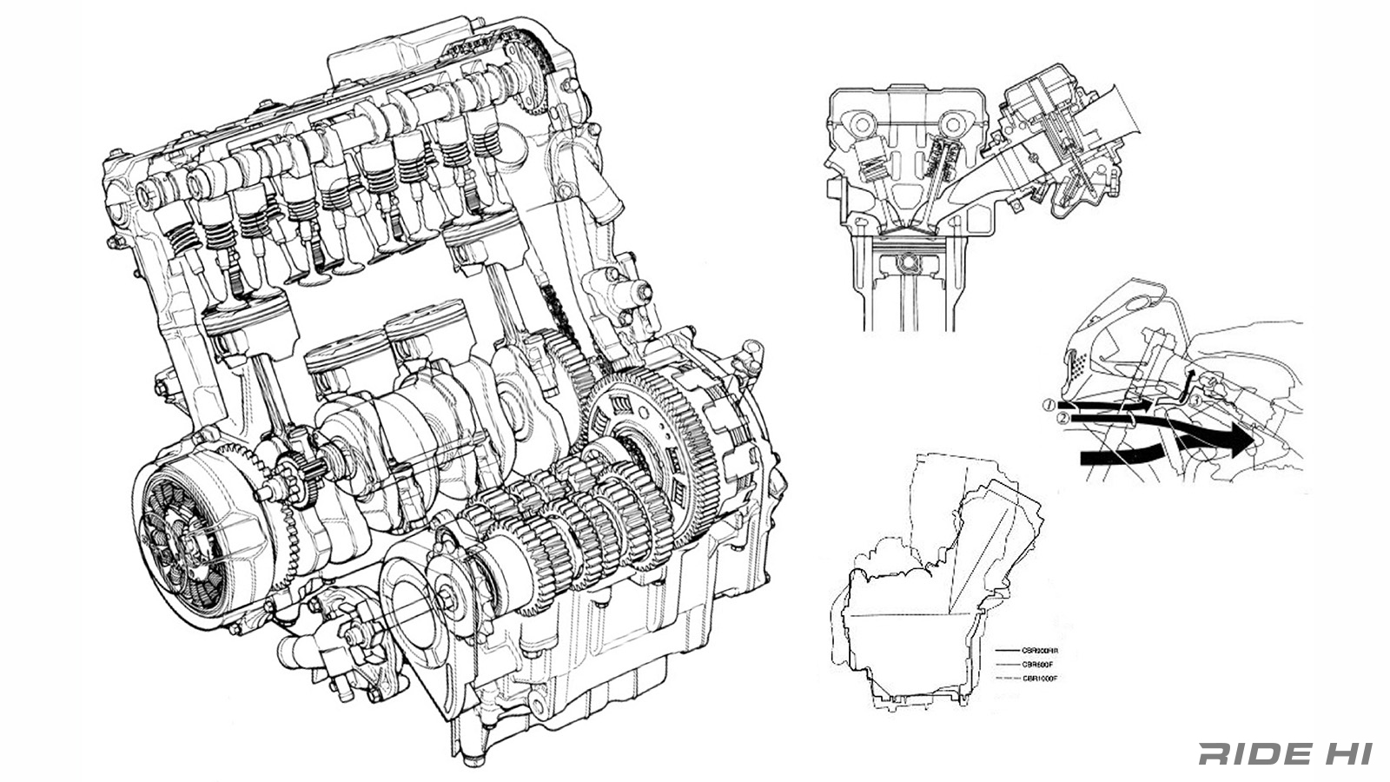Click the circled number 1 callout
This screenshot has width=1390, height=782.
1049,406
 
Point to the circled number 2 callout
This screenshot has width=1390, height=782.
1062,419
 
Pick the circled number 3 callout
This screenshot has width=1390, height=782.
1195,401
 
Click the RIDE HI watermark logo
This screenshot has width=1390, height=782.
1284,753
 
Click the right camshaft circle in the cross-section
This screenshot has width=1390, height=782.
956,124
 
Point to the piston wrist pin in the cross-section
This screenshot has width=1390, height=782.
909,261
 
